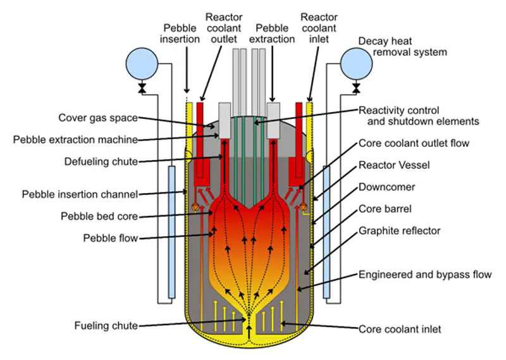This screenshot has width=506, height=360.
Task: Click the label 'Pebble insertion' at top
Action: [184, 33]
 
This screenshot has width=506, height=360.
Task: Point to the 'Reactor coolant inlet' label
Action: [319, 27]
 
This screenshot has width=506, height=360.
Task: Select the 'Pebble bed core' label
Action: [99, 216]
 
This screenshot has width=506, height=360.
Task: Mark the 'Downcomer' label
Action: [386, 187]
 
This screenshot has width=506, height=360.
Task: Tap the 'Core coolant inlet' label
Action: [400, 329]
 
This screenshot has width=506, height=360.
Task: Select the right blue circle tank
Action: [356, 63]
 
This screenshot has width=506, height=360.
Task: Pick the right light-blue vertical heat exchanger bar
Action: [326, 231]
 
